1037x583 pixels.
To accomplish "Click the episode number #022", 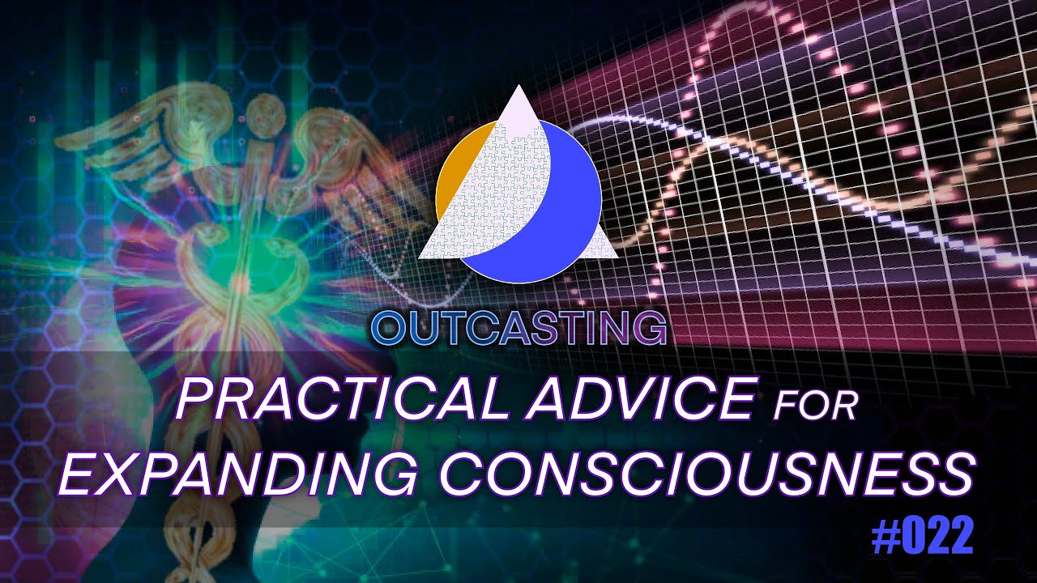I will [x=924, y=538].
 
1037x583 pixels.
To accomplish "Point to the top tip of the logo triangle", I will [x=518, y=87].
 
